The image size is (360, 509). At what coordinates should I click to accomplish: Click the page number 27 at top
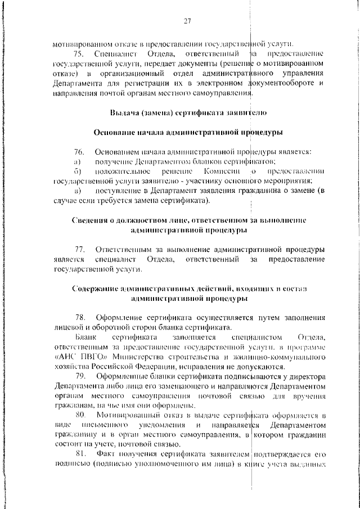(188, 22)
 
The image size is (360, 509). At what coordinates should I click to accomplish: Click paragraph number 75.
(79, 53)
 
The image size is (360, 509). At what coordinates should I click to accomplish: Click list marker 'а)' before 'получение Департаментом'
(78, 162)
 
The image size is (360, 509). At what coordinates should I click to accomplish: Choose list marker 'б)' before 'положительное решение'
(78, 171)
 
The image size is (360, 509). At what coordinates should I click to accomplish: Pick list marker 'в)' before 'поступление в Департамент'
(78, 191)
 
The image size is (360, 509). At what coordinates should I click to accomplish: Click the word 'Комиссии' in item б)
(222, 171)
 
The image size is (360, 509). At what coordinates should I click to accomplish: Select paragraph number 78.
(79, 318)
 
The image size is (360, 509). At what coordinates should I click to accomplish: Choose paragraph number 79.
(79, 376)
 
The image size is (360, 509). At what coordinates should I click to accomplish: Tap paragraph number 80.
(79, 415)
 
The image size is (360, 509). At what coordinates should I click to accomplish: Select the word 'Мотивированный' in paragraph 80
(127, 415)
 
